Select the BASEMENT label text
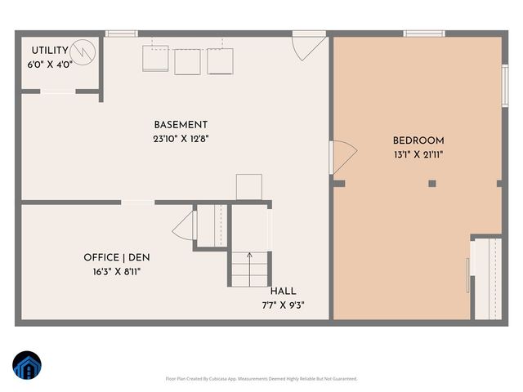coord(181,125)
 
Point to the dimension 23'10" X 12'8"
coord(181,138)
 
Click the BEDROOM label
coord(418,140)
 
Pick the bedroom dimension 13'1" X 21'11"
coord(418,154)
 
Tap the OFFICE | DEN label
coord(117,257)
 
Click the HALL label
coord(284,291)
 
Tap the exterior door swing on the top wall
coord(309,47)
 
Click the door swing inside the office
coord(184,225)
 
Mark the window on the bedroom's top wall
coord(424,33)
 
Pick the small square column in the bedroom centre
coord(431,184)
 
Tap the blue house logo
coord(26,366)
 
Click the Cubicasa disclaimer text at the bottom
coord(261,378)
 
